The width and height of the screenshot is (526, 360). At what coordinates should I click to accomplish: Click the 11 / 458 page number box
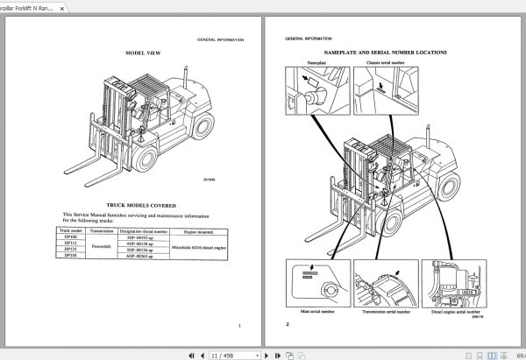click(x=223, y=355)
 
